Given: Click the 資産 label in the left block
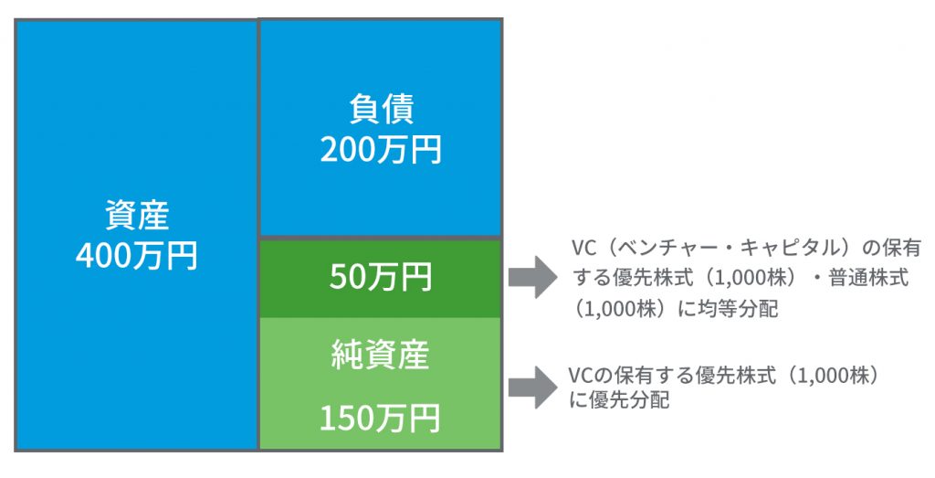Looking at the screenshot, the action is click(x=137, y=215).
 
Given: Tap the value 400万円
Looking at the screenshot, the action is click(x=137, y=256).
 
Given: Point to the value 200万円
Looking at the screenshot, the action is click(x=381, y=149).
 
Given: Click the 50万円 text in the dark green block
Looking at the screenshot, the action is click(x=381, y=278).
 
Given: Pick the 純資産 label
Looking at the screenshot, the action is click(x=381, y=354).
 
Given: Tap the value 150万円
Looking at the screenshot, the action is click(x=381, y=419).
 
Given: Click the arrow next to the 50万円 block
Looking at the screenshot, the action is click(x=532, y=277).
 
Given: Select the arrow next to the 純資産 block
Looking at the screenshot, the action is click(x=532, y=388).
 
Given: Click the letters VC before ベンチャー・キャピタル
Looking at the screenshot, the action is click(x=583, y=247).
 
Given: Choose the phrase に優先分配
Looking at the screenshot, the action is click(x=619, y=399).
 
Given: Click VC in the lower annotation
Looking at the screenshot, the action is click(x=581, y=376).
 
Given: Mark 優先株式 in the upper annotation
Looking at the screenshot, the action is click(x=650, y=278).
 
